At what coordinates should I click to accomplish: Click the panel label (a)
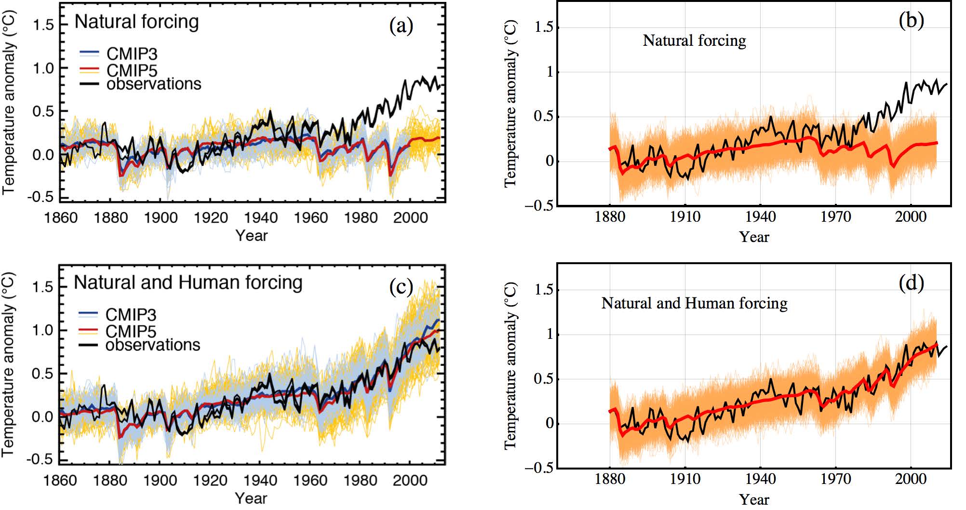[x=401, y=26]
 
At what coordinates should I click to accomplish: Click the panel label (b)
[x=911, y=21]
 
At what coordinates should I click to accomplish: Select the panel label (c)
[x=401, y=287]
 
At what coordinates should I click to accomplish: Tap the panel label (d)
[x=911, y=283]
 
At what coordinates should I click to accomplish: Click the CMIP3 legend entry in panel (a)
[x=131, y=54]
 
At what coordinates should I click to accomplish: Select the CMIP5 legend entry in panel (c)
[x=130, y=331]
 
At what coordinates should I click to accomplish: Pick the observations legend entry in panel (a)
[x=153, y=84]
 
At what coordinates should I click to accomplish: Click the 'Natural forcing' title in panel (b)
[x=694, y=40]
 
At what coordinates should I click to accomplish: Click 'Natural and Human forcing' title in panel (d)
[x=694, y=303]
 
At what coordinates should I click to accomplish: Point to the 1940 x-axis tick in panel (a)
[x=261, y=218]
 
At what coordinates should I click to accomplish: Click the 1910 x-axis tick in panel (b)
[x=685, y=216]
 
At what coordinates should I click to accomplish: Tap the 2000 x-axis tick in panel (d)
[x=911, y=479]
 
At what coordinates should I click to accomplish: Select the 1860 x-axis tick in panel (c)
[x=60, y=481]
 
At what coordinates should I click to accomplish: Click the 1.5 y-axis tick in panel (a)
[x=43, y=25]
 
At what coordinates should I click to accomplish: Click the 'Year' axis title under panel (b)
[x=754, y=237]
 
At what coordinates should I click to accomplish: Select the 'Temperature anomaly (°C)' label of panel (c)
[x=9, y=365]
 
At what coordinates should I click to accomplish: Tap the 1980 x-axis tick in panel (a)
[x=361, y=218]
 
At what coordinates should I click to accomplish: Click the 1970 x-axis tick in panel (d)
[x=835, y=479]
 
